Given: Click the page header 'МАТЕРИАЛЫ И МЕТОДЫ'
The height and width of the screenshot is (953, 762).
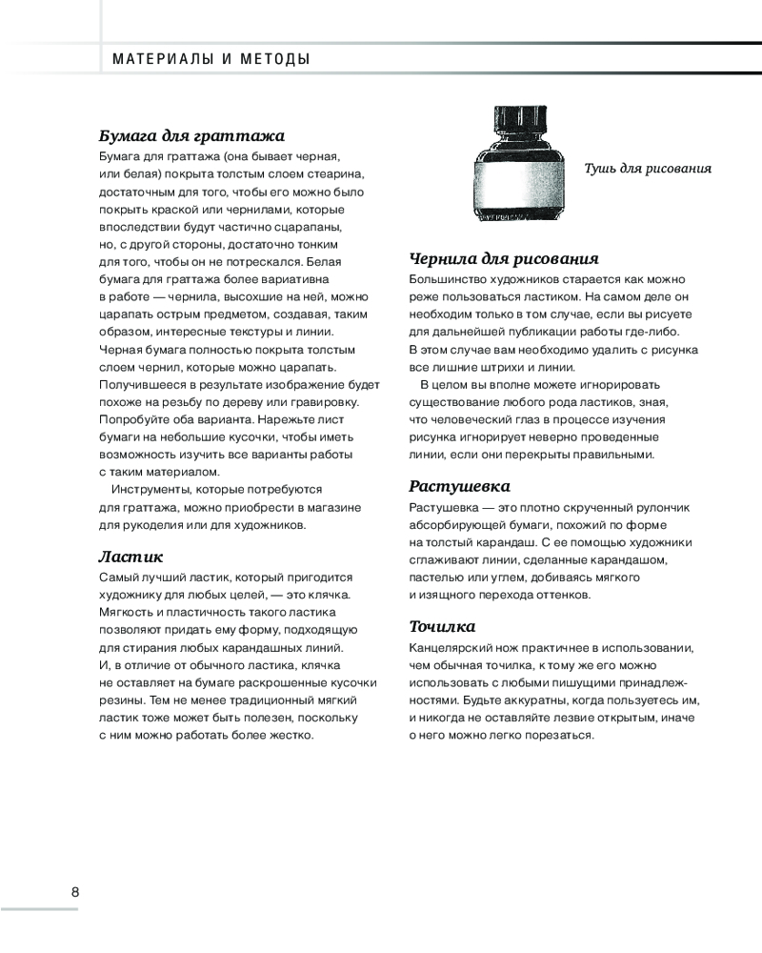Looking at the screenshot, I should click(211, 59).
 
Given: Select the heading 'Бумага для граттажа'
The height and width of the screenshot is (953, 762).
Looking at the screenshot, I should click(192, 134).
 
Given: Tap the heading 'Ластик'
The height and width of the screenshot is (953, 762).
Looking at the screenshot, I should click(131, 556).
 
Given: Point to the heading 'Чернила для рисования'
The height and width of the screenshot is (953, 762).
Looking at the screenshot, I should click(503, 258).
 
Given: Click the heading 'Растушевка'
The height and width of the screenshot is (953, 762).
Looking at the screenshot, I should click(459, 485).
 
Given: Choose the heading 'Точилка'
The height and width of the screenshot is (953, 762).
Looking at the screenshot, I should click(442, 626).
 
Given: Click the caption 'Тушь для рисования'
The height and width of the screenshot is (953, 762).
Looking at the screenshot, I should click(648, 169).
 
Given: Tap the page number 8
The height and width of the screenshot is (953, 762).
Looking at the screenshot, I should click(75, 892).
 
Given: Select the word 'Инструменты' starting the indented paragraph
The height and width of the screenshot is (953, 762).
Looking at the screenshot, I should click(157, 489).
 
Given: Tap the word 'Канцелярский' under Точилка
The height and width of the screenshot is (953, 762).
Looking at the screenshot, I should click(453, 648).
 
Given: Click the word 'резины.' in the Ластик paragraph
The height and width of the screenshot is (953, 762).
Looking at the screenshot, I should click(122, 700).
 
